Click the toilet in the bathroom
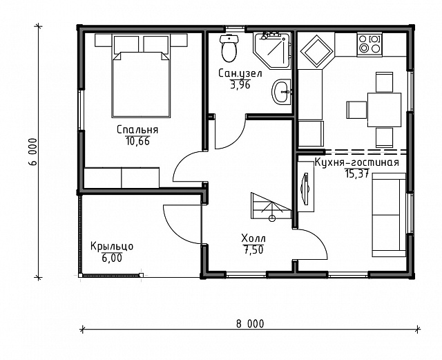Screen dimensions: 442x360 (229, 48)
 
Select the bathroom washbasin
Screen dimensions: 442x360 (281, 92)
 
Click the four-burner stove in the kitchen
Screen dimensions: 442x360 (370, 44)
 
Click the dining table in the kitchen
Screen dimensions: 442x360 (384, 110)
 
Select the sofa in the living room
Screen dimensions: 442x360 (389, 215)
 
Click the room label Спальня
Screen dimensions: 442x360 (137, 130)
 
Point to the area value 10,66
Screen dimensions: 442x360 (137, 141)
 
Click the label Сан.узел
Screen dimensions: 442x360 (240, 73)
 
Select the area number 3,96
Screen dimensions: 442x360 (240, 84)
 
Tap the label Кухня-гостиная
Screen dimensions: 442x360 (356, 163)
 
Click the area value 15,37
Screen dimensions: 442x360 (357, 173)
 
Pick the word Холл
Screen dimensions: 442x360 (253, 238)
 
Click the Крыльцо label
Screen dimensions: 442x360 (112, 246)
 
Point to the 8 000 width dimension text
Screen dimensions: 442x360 (250, 323)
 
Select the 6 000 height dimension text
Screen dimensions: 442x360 (32, 152)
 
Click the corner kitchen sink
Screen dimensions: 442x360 (316, 50)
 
